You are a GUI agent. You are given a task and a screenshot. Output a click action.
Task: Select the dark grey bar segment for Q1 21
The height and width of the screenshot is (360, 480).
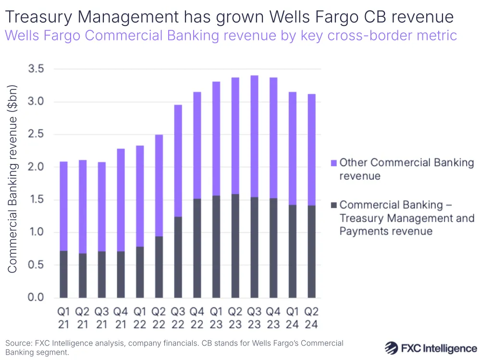pos(63,274)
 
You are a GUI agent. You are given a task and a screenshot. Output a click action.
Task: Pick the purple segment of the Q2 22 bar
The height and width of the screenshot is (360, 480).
pos(159,185)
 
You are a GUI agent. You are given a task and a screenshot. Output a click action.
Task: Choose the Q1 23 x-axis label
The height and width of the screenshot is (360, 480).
pos(216,318)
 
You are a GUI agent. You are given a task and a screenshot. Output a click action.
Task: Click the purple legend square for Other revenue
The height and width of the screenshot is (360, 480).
pos(333,163)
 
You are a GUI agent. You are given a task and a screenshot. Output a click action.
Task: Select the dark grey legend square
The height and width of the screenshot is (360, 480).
pos(333,205)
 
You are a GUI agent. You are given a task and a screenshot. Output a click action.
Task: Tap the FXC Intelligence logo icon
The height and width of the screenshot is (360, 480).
pos(393,348)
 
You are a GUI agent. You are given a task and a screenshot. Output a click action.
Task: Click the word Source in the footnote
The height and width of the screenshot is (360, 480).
pos(18,343)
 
